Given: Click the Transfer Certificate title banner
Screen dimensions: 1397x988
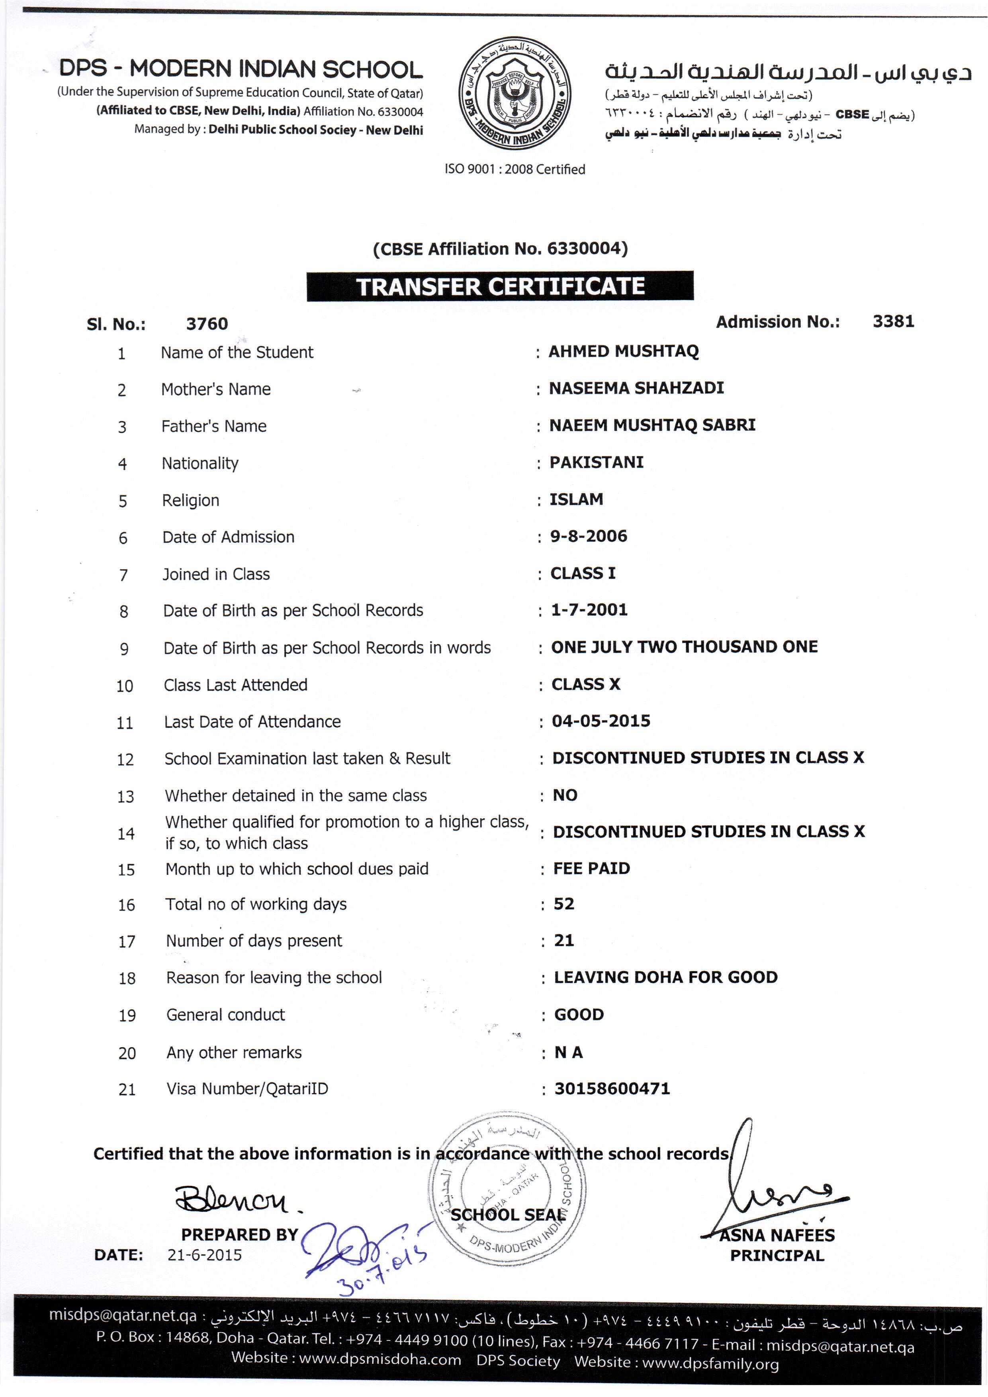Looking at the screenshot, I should (500, 286).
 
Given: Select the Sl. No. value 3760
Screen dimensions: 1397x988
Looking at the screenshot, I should (207, 324).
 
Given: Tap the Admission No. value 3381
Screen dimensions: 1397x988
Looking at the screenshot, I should (893, 321).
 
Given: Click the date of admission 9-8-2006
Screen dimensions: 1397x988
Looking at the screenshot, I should (588, 536).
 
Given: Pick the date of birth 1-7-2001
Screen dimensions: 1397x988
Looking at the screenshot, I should (589, 609).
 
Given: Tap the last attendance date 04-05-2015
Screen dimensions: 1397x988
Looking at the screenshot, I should (601, 721).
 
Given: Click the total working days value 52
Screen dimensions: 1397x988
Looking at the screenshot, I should (564, 903).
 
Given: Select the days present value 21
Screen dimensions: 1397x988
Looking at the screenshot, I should (564, 940).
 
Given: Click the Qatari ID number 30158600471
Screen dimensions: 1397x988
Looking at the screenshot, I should (612, 1089).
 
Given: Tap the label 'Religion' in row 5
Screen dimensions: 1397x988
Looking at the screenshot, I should (190, 500).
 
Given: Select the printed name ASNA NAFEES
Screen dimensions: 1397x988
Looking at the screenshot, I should (777, 1235).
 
